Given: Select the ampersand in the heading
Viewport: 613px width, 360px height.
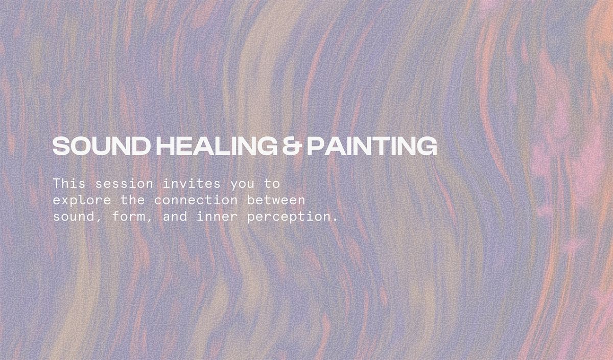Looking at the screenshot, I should (x=293, y=147).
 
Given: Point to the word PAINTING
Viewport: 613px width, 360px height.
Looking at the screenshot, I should (x=371, y=147).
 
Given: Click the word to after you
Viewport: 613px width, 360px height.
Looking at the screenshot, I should (x=272, y=183).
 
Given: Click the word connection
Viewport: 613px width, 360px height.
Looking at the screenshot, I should (x=196, y=199).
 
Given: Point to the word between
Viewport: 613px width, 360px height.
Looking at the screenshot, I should (x=276, y=199).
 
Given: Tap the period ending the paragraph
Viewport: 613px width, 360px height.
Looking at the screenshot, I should (x=335, y=220).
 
